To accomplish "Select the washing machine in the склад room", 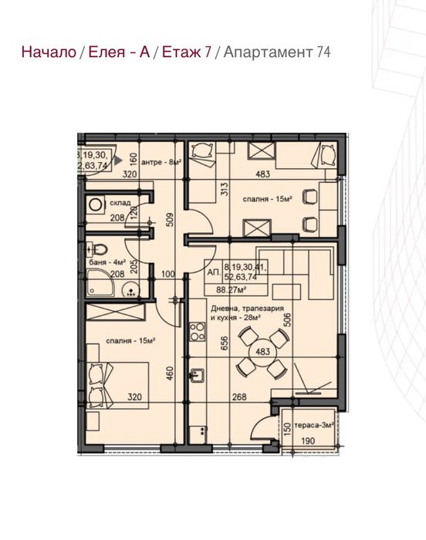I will [96, 205].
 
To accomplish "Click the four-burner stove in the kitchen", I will [198, 332].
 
